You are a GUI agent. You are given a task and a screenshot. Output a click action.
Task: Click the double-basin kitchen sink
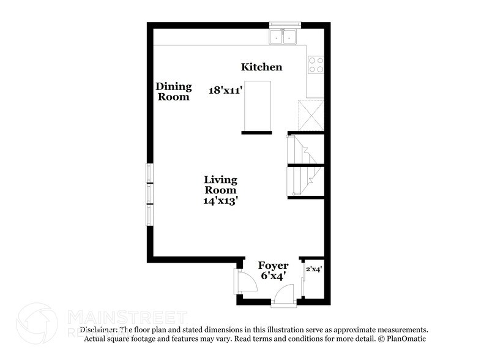click(283, 37)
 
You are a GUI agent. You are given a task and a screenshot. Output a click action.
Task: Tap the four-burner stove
click(315, 65)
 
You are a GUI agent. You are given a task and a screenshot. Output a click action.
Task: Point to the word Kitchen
click(261, 67)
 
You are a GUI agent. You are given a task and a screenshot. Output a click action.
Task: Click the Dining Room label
click(174, 91)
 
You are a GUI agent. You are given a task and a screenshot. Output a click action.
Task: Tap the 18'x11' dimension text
click(226, 90)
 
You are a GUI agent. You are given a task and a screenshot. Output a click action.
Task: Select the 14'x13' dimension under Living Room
click(221, 200)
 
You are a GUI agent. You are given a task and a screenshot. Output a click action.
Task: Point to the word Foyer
click(273, 265)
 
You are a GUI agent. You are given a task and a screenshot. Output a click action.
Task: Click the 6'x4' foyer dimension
click(273, 276)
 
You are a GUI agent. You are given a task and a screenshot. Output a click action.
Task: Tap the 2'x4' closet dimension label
click(314, 268)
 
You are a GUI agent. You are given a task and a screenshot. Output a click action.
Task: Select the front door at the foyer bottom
click(284, 296)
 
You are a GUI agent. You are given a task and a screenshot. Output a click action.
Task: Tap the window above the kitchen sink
click(283, 25)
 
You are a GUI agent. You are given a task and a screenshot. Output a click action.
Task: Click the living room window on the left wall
click(149, 193)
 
